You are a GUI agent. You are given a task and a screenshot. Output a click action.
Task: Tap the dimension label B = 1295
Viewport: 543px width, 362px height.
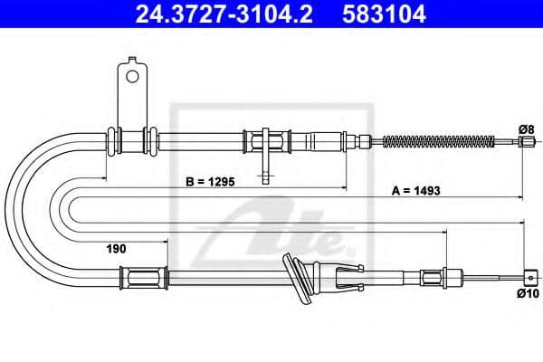point(211,181)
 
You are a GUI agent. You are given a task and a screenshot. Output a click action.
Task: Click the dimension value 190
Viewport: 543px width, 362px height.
point(115,247)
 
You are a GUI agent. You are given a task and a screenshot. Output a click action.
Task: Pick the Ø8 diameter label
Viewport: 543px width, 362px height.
point(525,129)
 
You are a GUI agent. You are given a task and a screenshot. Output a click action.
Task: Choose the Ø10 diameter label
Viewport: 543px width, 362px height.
point(528,292)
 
